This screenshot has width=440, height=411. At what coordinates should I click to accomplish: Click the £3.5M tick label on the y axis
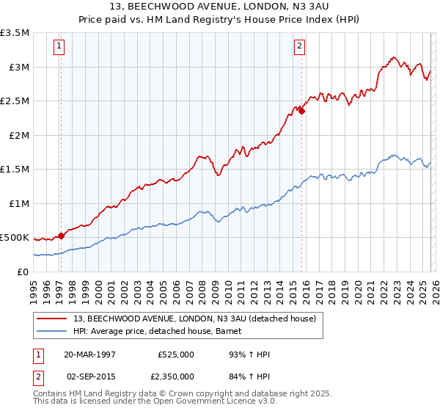[x=15, y=33]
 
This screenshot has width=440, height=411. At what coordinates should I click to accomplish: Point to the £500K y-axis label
[x=14, y=238]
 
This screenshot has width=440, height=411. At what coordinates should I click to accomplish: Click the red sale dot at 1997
[x=62, y=236]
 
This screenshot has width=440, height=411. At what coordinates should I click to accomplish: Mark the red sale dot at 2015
[x=301, y=112]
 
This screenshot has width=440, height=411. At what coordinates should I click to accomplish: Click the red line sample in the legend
[x=52, y=319]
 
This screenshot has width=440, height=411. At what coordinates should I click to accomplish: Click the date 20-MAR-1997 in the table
[x=89, y=354]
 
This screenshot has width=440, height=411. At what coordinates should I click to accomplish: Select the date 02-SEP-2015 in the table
[x=89, y=376]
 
